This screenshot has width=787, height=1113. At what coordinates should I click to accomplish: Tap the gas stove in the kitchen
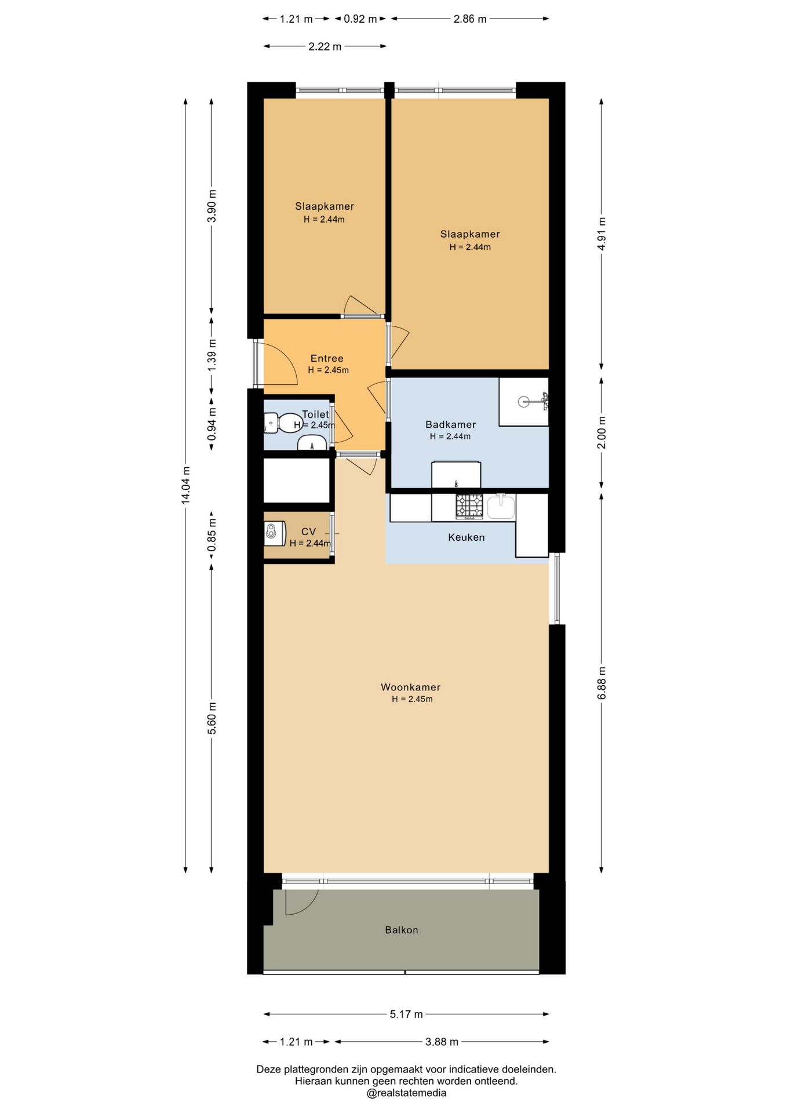(469, 506)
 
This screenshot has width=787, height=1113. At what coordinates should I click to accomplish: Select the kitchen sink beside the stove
(501, 506)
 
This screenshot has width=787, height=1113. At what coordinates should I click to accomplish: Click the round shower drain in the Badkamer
(524, 401)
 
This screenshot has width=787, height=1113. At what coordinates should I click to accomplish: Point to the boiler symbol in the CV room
(275, 533)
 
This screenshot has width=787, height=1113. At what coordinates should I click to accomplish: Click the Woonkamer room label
(410, 687)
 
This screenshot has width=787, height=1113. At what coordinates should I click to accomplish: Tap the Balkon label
(402, 930)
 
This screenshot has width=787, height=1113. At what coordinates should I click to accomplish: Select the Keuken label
(466, 537)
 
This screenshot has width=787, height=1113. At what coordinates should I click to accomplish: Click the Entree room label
(327, 358)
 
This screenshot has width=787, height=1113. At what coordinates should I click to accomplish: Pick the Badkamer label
(450, 424)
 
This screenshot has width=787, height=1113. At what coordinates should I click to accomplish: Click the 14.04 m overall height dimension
(185, 485)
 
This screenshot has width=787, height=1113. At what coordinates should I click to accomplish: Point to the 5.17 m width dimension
(406, 1014)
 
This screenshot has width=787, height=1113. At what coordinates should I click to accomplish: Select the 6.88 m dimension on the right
(602, 683)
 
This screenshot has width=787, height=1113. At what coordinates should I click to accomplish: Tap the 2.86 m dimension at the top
(470, 19)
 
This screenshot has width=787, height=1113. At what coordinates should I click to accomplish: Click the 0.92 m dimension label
(360, 19)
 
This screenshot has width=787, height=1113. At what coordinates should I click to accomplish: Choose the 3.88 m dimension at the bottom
(442, 1042)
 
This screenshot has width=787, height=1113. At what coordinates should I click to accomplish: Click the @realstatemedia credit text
(406, 1093)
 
